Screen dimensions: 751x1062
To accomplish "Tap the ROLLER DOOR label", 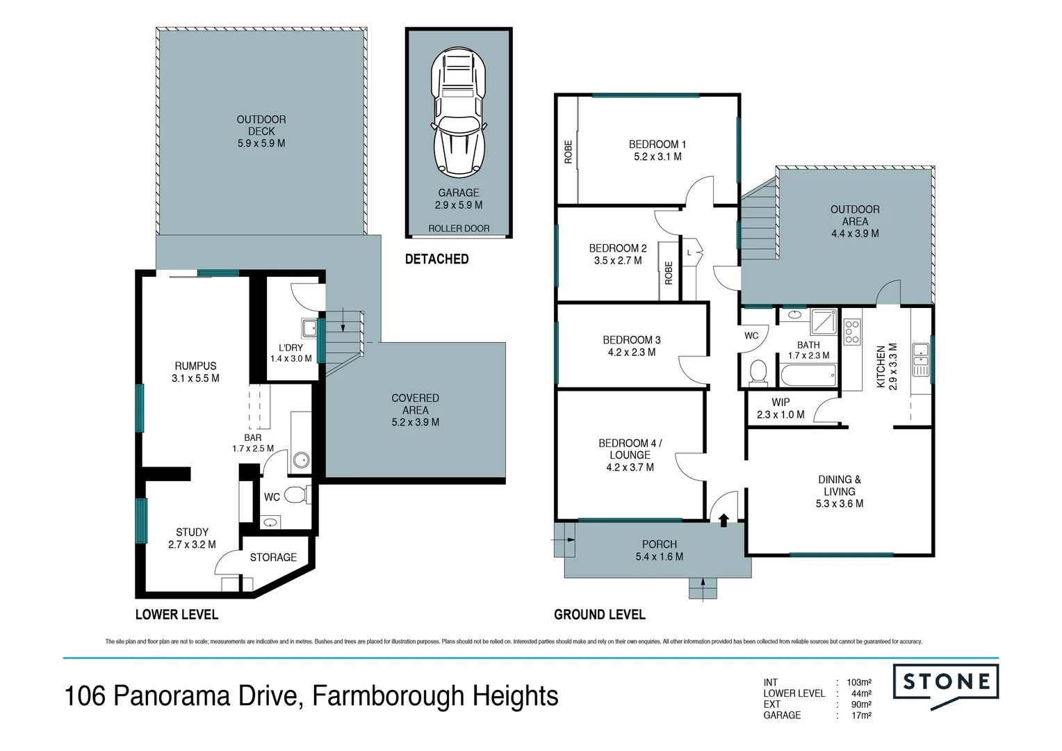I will (x=459, y=228).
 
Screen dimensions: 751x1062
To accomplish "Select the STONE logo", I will (x=946, y=683).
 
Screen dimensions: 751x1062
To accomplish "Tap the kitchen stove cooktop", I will (x=851, y=332).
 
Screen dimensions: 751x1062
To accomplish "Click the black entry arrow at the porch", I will (x=724, y=519).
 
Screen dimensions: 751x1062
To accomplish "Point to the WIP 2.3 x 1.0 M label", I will (x=781, y=408).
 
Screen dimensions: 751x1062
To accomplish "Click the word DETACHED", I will (x=436, y=259).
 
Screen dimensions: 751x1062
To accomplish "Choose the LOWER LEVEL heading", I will (x=177, y=615).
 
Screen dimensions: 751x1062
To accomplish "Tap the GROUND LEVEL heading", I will (x=599, y=615).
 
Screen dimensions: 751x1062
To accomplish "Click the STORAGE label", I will (x=273, y=557).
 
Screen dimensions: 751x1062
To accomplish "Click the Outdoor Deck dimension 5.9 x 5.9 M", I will (x=261, y=143).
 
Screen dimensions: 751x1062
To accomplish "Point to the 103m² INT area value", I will (x=859, y=682).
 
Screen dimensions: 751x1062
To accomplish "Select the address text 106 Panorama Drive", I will (x=183, y=696).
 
